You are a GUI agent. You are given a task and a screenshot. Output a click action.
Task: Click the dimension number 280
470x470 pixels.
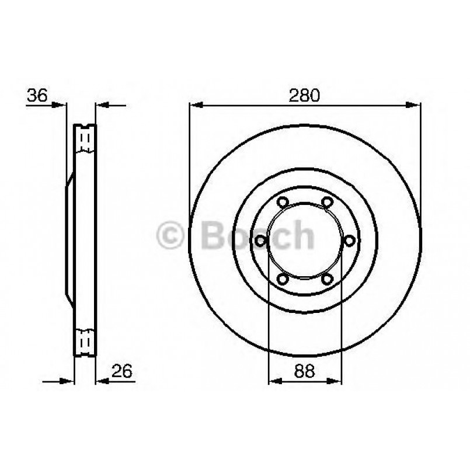(x=304, y=95)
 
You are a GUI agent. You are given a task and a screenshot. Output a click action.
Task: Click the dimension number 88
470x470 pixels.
(x=305, y=371)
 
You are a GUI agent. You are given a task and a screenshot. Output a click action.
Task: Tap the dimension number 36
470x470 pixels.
(x=37, y=95)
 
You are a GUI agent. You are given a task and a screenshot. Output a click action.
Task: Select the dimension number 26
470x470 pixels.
(x=121, y=371)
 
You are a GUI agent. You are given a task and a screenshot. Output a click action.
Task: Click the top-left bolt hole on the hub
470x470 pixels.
(x=283, y=202)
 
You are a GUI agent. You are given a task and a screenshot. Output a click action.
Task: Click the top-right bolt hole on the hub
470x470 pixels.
(x=327, y=202)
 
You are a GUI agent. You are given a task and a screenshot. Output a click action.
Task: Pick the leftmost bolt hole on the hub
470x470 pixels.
(x=260, y=241)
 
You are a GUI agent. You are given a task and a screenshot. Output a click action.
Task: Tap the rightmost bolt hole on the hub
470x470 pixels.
(x=350, y=241)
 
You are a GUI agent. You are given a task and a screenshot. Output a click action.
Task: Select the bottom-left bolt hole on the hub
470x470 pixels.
(x=283, y=279)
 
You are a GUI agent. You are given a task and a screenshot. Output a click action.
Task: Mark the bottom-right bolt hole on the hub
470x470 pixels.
(x=327, y=279)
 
